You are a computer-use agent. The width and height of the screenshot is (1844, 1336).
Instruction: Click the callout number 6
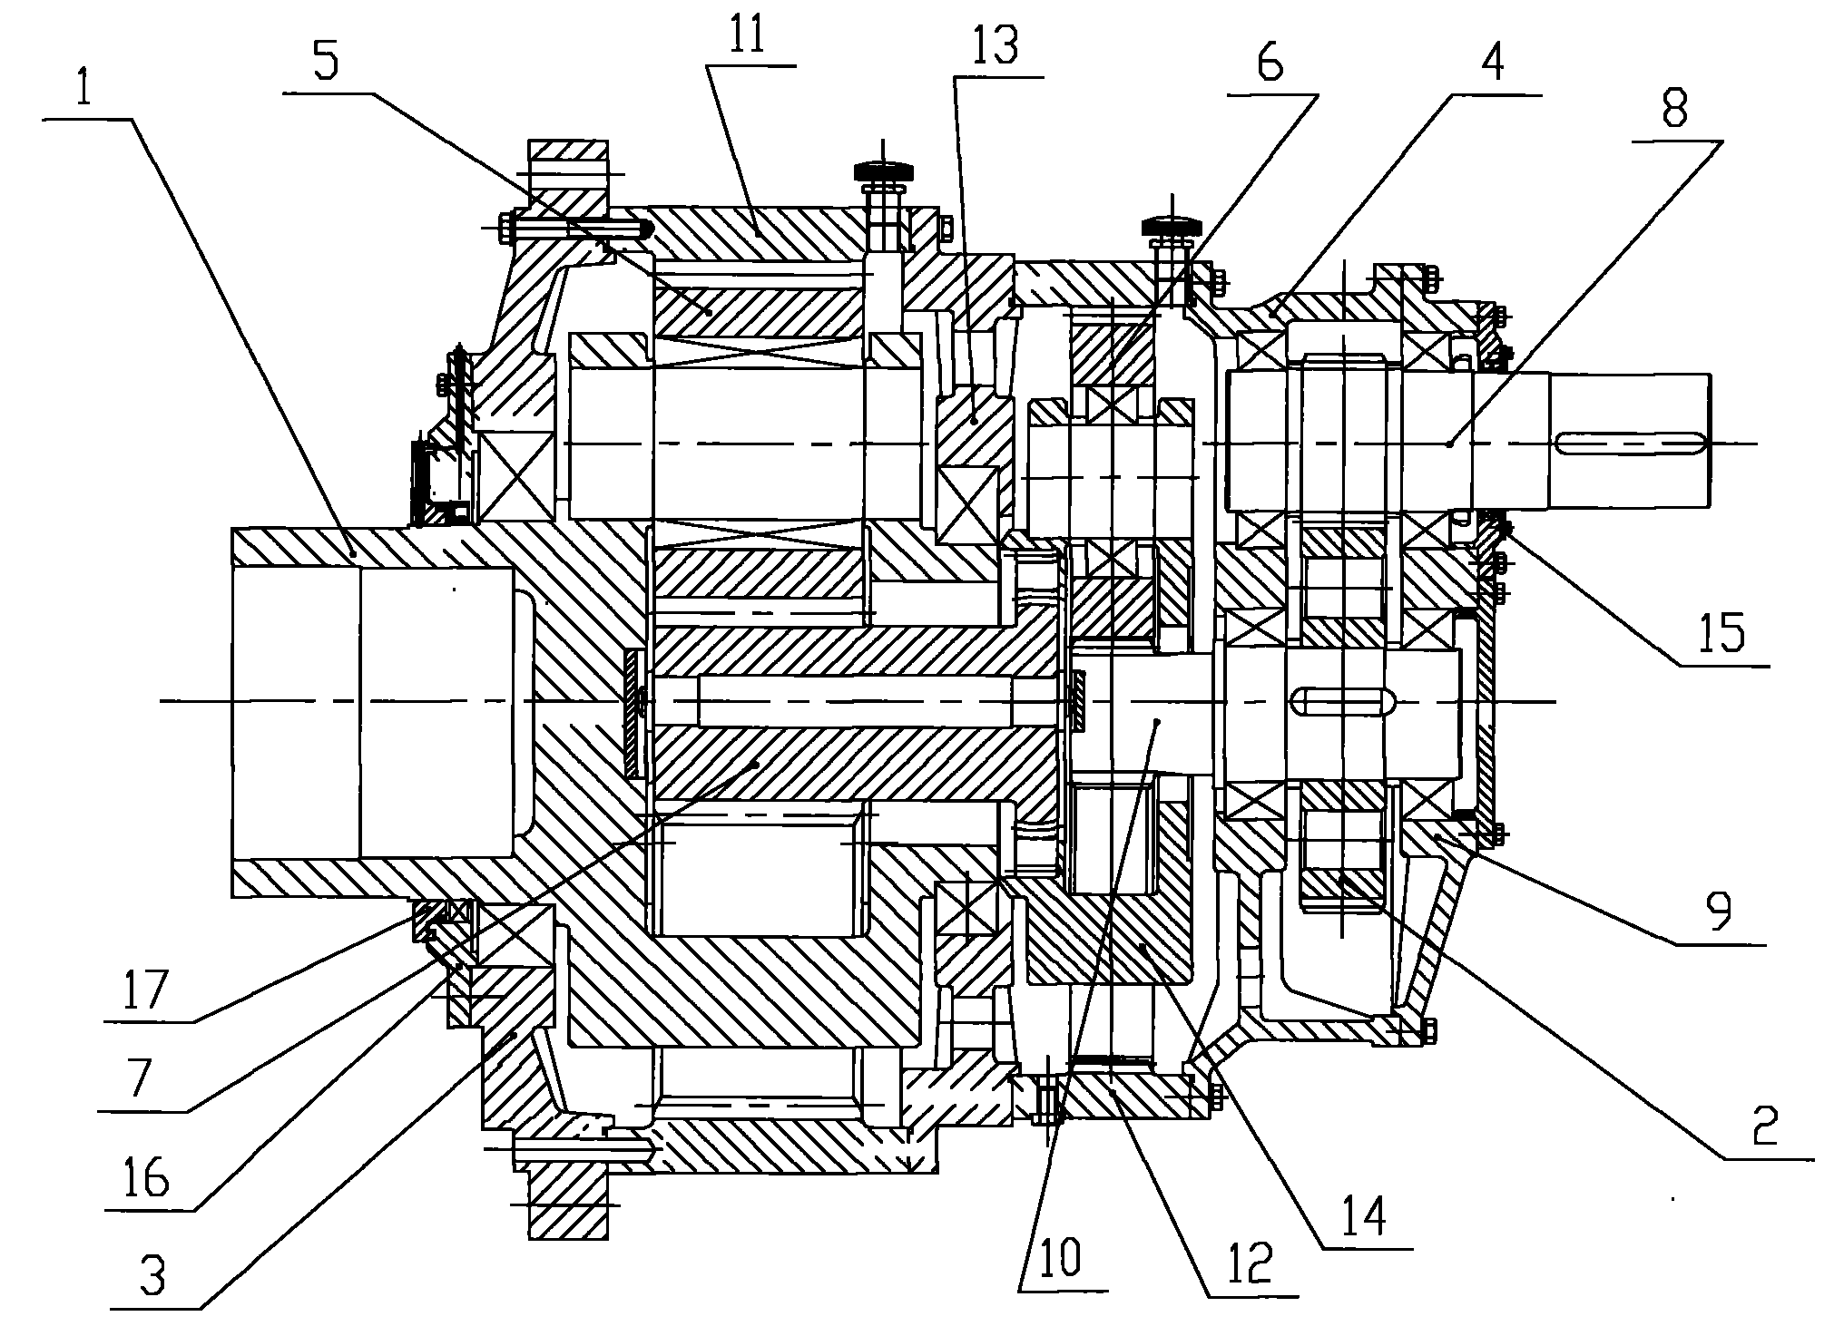click(x=1270, y=65)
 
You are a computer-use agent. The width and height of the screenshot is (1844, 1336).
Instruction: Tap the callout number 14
click(x=1365, y=1214)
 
